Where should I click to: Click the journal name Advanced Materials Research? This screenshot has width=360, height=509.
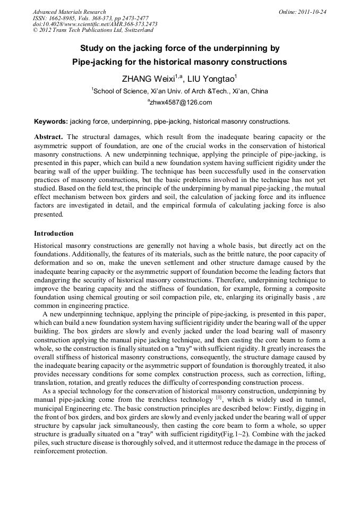tap(69, 12)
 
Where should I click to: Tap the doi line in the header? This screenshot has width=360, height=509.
tap(95, 24)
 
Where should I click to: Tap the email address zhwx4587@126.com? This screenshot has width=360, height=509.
tap(179, 102)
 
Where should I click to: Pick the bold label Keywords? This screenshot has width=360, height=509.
tap(51, 121)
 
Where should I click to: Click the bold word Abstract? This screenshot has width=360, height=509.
tap(49, 137)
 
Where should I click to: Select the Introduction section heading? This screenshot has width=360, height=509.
tap(54, 234)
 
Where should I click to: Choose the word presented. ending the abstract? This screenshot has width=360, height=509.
tap(49, 215)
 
